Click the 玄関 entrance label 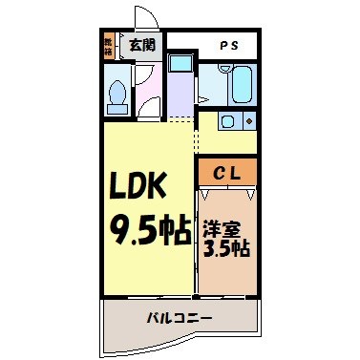pos(142,44)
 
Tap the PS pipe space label pos(230,45)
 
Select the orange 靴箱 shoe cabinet pos(109,45)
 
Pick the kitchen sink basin pos(227,121)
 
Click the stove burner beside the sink pos(248,121)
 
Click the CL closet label pos(228,172)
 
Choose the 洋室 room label pos(226,230)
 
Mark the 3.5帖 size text pos(226,250)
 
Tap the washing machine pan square pos(181,65)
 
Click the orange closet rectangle pos(228,172)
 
